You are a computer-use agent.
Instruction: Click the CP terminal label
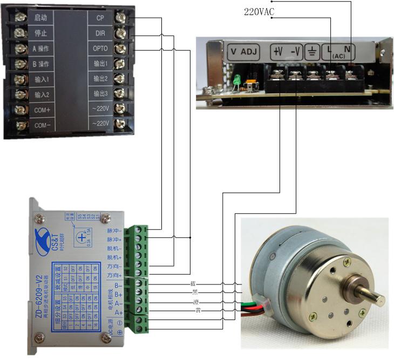click(100, 18)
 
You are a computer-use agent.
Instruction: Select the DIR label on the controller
click(100, 33)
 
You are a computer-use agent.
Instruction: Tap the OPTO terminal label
click(100, 49)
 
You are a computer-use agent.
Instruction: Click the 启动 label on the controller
click(41, 18)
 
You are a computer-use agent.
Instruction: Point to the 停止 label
click(41, 33)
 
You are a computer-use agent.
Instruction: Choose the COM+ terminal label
click(42, 110)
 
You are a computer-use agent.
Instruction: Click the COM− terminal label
click(42, 125)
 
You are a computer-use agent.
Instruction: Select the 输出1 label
click(100, 64)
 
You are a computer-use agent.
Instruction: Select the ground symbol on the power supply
click(312, 53)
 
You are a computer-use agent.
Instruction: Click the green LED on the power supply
click(237, 80)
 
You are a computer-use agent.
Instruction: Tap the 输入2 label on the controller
click(42, 95)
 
